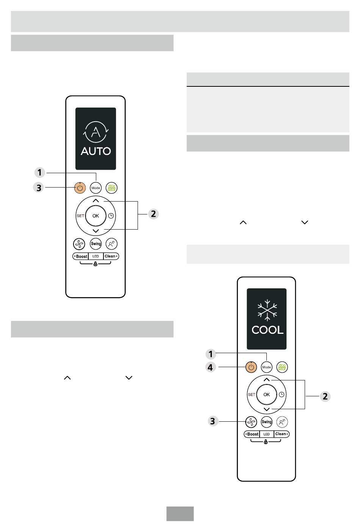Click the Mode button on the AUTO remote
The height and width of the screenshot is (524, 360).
tap(95, 188)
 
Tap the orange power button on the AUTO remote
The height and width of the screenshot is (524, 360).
tap(80, 188)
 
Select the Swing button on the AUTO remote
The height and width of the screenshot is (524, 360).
tap(95, 244)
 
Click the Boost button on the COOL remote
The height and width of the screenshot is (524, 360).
tap(252, 434)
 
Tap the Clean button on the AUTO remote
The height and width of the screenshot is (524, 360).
tap(111, 256)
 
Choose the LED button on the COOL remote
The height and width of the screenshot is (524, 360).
tap(266, 434)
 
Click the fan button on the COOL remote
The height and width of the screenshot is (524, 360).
tap(251, 422)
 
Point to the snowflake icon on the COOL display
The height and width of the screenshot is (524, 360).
tap(267, 310)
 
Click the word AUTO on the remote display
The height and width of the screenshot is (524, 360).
tap(95, 151)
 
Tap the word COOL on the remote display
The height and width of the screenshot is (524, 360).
tap(268, 330)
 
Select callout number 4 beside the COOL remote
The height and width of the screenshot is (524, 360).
tap(210, 367)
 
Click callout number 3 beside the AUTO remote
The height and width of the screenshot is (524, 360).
tap(39, 188)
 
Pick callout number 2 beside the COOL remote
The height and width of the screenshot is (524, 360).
tap(325, 396)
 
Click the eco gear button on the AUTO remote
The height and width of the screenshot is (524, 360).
tap(111, 188)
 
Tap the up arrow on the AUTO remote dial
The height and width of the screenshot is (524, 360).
tap(95, 201)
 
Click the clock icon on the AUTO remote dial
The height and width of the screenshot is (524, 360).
tap(111, 216)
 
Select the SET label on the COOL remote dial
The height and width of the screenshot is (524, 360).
tap(252, 394)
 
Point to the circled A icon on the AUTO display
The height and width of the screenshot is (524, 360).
tap(95, 132)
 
